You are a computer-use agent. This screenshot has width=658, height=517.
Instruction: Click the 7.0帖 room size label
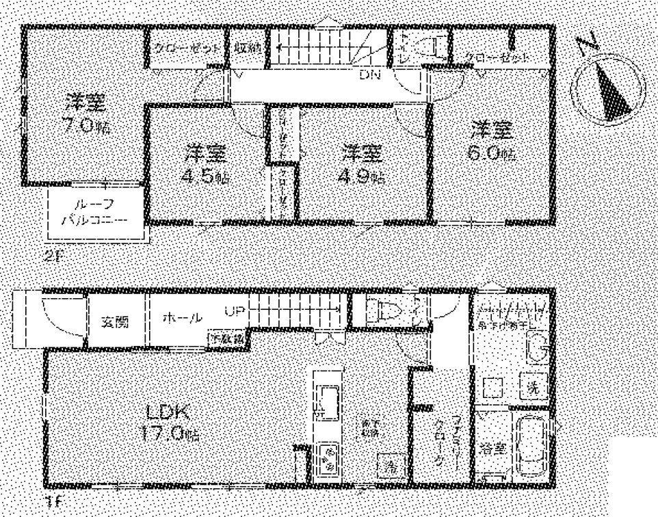tap(85, 128)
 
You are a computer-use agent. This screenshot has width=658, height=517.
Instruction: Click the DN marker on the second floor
tap(370, 74)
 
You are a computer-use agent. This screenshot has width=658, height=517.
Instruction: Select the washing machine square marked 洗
tap(533, 386)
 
